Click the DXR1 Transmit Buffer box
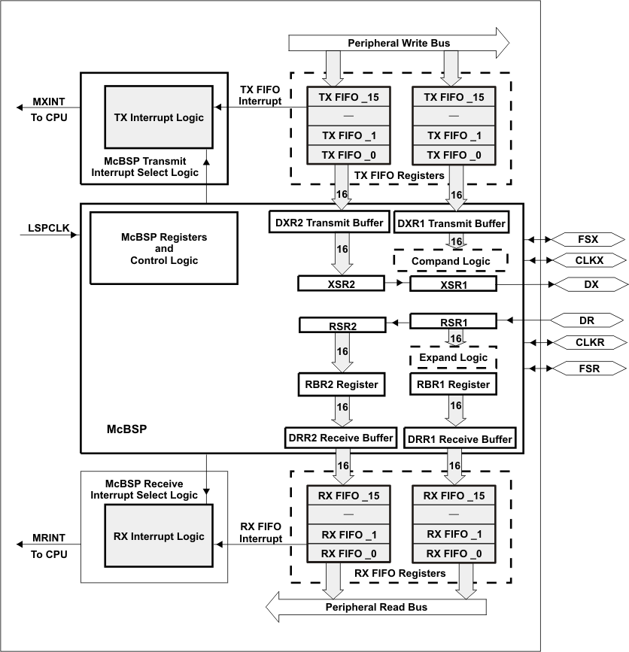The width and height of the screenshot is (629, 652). [x=451, y=223]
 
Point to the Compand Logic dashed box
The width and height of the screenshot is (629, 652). [x=451, y=261]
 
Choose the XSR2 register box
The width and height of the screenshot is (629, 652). [x=342, y=284]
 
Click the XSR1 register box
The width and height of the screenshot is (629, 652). [x=453, y=284]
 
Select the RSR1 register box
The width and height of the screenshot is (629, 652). [x=453, y=321]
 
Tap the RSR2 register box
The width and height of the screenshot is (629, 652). [x=342, y=325]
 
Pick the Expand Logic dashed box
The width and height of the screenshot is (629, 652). [x=453, y=357]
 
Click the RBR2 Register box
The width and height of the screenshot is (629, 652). [x=342, y=384]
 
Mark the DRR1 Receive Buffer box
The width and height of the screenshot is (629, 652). [x=460, y=438]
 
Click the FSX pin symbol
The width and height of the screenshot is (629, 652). [x=587, y=239]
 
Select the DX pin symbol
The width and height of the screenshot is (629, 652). [x=587, y=284]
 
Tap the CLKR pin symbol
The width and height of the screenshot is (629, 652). [x=587, y=342]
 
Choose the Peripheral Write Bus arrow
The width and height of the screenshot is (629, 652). [x=399, y=43]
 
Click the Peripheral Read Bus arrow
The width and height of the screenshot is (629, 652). [x=376, y=606]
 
